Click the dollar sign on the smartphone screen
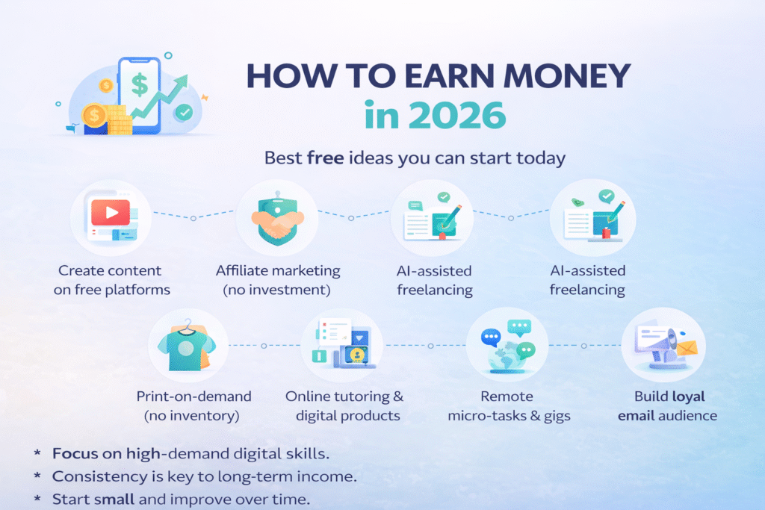pos(140,84)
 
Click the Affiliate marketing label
pos(277,270)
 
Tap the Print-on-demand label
pos(193,397)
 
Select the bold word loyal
pos(688,397)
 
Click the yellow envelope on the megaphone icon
pos(687,348)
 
